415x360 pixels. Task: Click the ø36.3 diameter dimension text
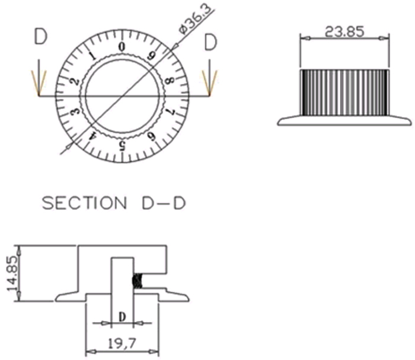pyautogui.click(x=197, y=18)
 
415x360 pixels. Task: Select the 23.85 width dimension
pyautogui.click(x=344, y=31)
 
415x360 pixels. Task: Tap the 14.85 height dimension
pyautogui.click(x=12, y=273)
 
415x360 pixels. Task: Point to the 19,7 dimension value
pyautogui.click(x=122, y=343)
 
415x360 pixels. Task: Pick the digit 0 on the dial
pyautogui.click(x=122, y=47)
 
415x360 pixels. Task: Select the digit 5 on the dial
pyautogui.click(x=122, y=146)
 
